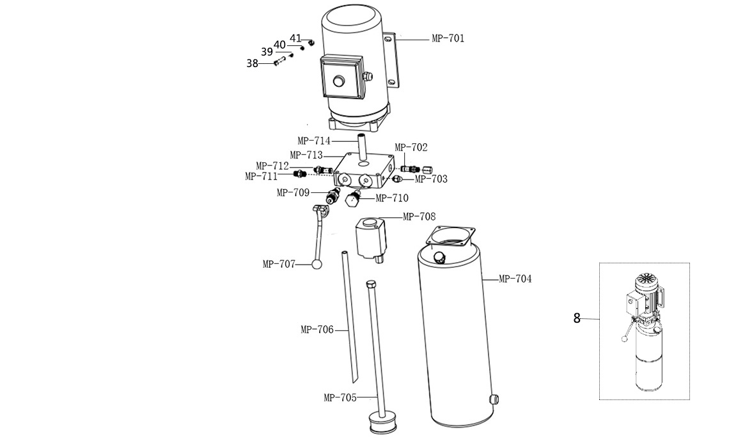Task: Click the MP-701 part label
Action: coord(448,38)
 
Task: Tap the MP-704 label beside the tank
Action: coord(515,279)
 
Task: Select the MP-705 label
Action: coord(340,398)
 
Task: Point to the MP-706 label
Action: coord(317,330)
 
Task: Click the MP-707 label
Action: coord(279,265)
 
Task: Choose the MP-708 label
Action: coord(419,217)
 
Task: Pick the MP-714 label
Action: coord(314,141)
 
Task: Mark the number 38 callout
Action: coord(252,63)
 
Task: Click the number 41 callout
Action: coord(295,38)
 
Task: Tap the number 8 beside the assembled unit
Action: coord(577,318)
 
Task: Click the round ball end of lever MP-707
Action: coord(317,265)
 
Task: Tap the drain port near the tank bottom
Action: coord(495,399)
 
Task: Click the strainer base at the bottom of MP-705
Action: coord(382,424)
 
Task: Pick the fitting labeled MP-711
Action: coord(299,174)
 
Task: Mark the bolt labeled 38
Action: coord(279,61)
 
